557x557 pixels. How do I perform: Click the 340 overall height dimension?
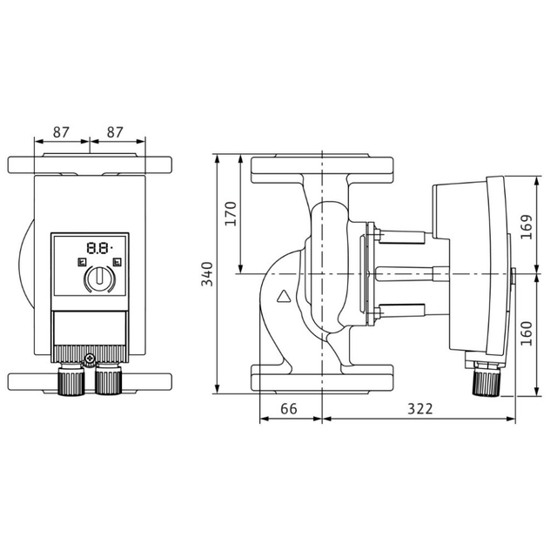point(207,274)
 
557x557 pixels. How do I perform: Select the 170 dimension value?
point(231,213)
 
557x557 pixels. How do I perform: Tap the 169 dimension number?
point(527,227)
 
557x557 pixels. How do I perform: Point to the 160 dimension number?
point(527,333)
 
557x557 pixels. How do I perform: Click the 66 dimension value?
point(289,409)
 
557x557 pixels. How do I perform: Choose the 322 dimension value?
point(420,409)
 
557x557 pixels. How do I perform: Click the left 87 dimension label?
point(61,132)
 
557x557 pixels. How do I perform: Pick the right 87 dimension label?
point(115,132)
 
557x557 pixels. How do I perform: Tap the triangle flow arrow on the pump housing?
point(284,296)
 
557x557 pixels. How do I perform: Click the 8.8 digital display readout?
point(99,248)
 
